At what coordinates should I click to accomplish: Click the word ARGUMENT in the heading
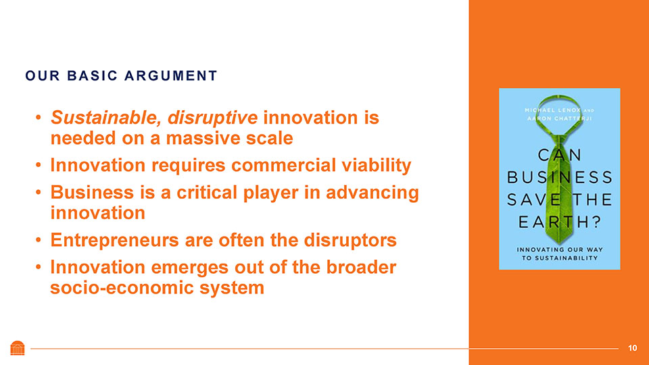pyautogui.click(x=170, y=76)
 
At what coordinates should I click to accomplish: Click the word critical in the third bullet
pyautogui.click(x=207, y=193)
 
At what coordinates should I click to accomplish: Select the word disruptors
pyautogui.click(x=350, y=241)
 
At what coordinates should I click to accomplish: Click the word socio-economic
pyautogui.click(x=122, y=288)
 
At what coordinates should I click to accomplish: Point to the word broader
pyautogui.click(x=361, y=268)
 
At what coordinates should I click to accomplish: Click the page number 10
pyautogui.click(x=633, y=348)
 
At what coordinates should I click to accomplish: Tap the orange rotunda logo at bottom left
pyautogui.click(x=18, y=348)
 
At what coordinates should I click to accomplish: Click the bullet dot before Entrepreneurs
pyautogui.click(x=38, y=240)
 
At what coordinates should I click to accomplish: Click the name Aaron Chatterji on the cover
pyautogui.click(x=560, y=119)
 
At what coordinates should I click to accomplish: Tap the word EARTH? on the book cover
pyautogui.click(x=560, y=222)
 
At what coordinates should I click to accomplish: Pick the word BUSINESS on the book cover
pyautogui.click(x=560, y=178)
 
